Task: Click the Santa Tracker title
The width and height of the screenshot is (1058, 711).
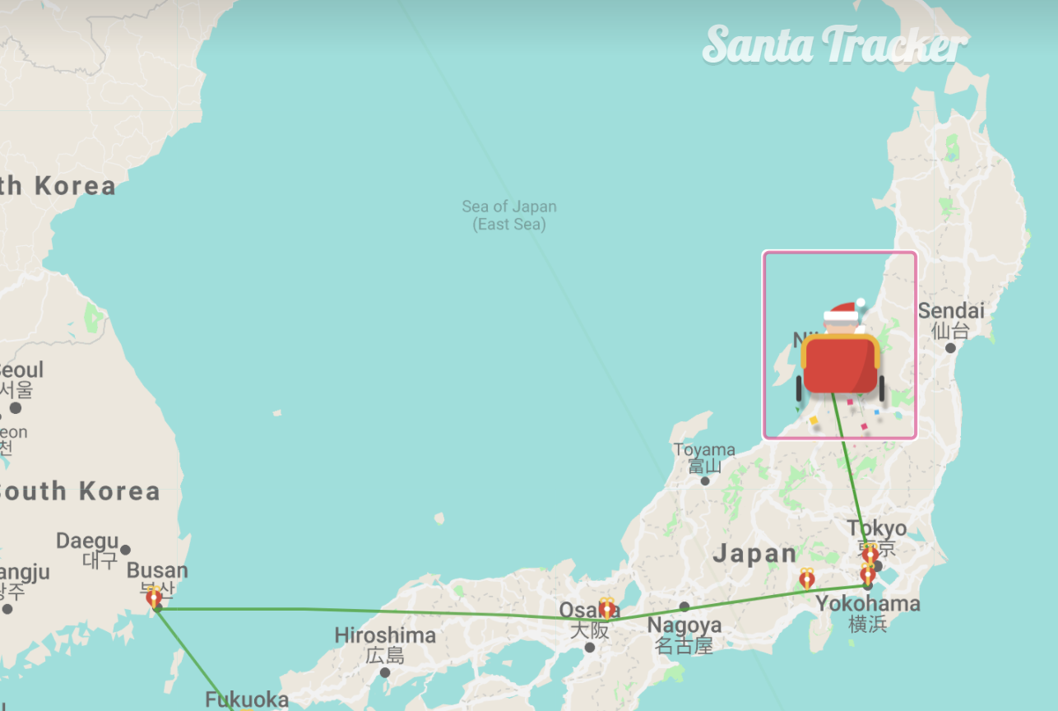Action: [834, 45]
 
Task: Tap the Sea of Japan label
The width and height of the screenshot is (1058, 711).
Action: [508, 215]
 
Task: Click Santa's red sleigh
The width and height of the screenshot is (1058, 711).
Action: [840, 365]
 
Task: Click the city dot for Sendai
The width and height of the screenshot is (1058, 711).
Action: [950, 348]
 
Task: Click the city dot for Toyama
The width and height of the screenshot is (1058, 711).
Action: [705, 481]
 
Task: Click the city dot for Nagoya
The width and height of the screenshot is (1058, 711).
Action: [684, 606]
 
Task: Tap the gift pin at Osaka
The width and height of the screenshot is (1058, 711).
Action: [607, 608]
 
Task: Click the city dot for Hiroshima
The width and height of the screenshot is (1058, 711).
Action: [385, 672]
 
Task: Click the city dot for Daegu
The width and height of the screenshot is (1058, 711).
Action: [125, 550]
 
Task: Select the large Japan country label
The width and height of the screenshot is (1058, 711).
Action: [754, 553]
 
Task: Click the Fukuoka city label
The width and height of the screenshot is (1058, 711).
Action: [247, 700]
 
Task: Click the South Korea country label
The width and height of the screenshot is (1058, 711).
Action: [79, 491]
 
